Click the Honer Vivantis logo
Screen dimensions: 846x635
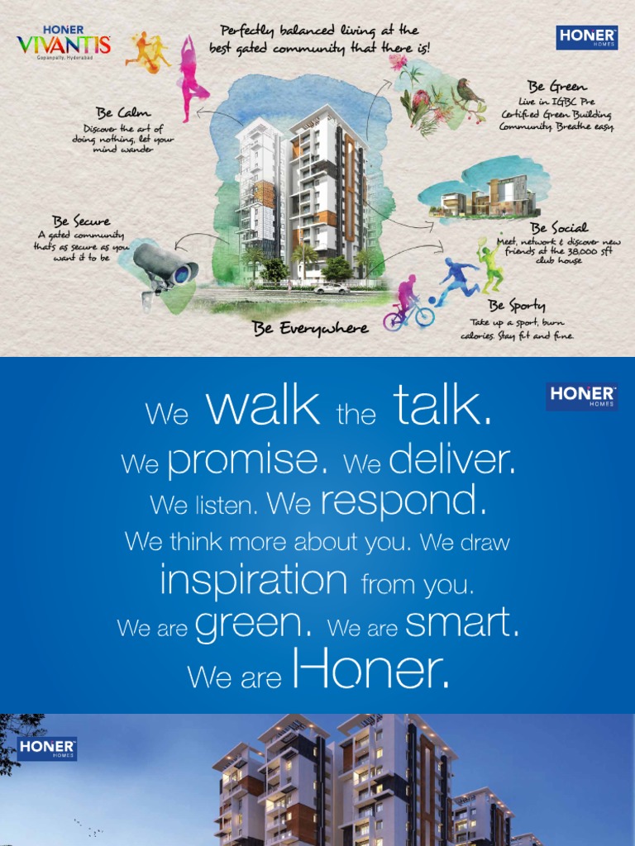coord(64,40)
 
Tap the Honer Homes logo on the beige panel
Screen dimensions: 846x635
coord(587,37)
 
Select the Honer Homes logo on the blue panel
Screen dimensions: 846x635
coord(581,396)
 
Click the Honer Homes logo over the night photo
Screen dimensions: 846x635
coord(47,749)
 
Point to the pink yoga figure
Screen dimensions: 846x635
coord(192,79)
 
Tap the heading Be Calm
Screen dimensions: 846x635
coord(123,112)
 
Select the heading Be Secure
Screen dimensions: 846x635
coord(81,221)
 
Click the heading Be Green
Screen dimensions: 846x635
coord(557,87)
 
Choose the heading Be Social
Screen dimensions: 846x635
coord(559,228)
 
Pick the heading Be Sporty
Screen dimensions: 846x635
coord(517,306)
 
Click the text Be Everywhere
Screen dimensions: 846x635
coord(311,328)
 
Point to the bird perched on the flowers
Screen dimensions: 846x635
coord(469,92)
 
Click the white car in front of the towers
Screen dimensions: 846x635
coord(332,288)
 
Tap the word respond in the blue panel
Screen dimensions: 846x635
coord(403,500)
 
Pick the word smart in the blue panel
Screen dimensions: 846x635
coord(461,624)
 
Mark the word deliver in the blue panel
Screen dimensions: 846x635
coord(451,459)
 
